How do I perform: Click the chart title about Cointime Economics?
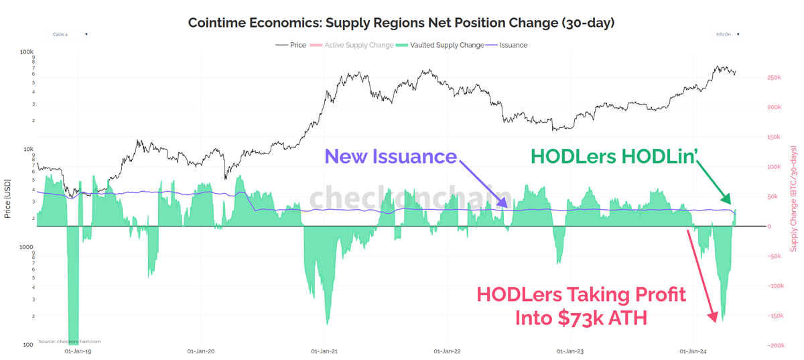pos(401,23)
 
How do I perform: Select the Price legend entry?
pos(298,45)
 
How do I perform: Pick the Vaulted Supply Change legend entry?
pos(446,45)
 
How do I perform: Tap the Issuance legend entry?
pos(513,45)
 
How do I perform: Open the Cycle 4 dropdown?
pos(69,34)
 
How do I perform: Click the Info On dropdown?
pos(727,33)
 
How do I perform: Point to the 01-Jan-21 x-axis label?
pos(324,351)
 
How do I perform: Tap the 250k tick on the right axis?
pos(777,78)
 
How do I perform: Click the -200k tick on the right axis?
pos(777,345)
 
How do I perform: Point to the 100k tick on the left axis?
pos(27,52)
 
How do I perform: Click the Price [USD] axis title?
pos(7,198)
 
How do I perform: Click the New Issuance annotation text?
pos(390,157)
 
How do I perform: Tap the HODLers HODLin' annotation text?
pos(614,156)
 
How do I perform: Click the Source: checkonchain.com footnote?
pos(60,341)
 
